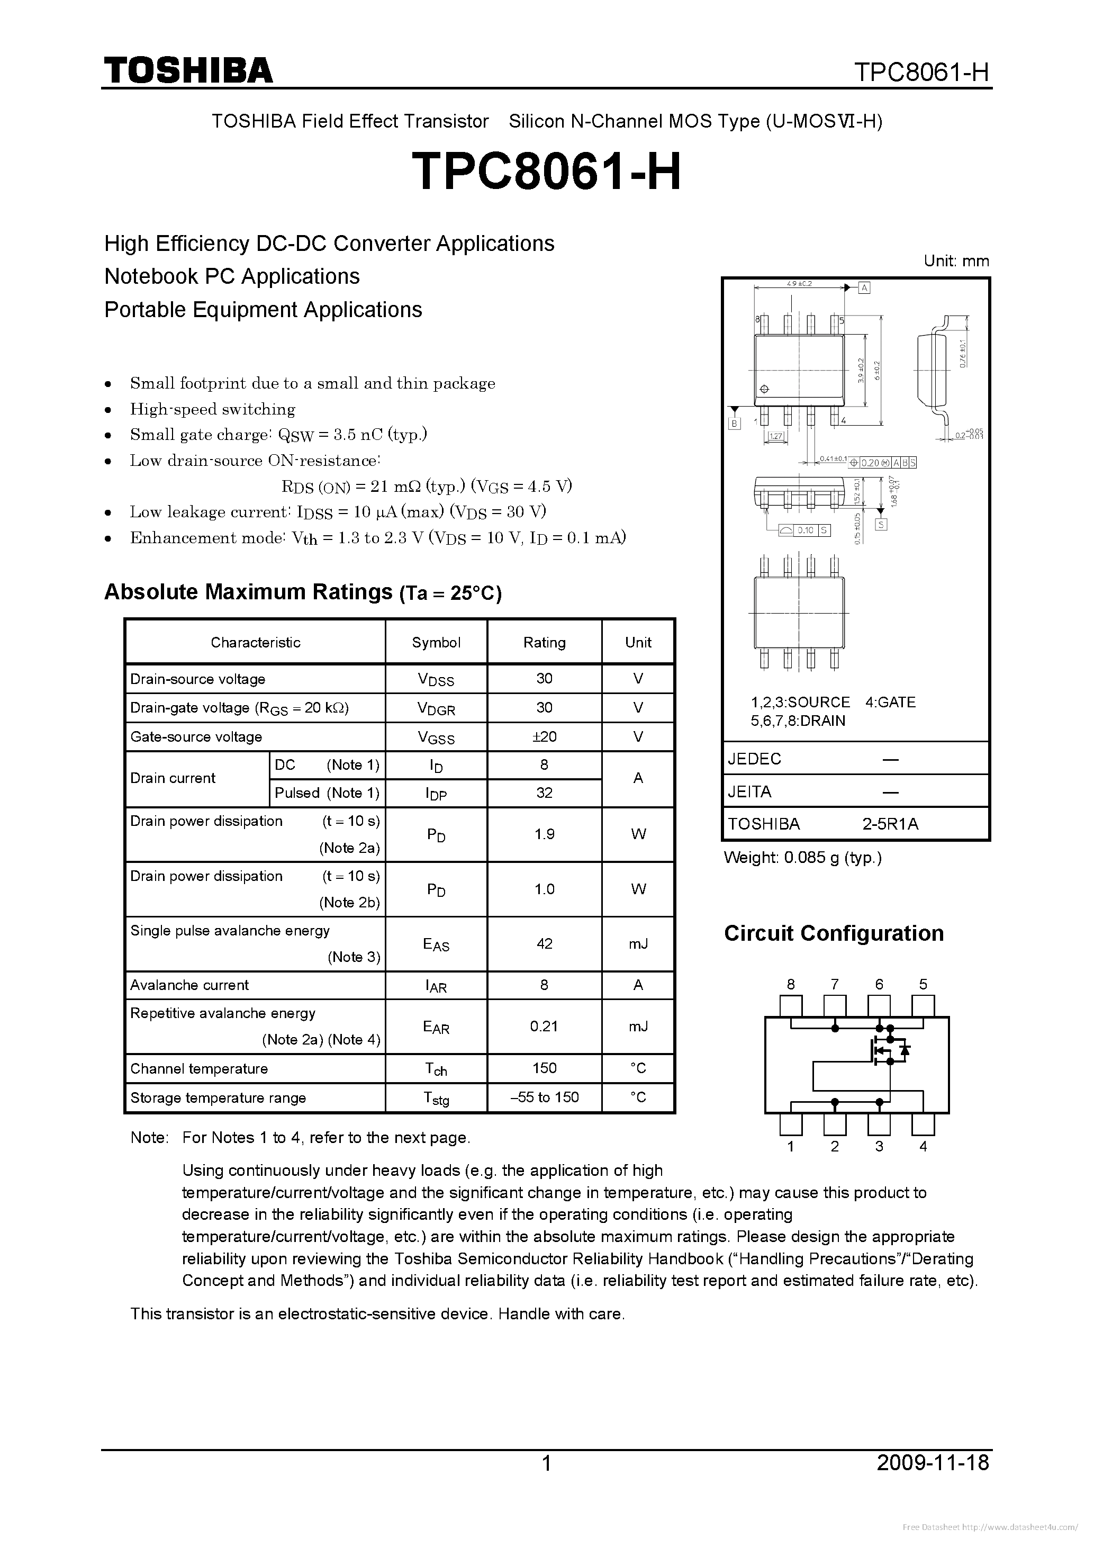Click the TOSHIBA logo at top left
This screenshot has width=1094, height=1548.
(188, 70)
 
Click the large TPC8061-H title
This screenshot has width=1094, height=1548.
(546, 171)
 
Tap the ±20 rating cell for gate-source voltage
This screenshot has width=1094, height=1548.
(544, 736)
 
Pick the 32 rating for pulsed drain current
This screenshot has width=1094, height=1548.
(544, 793)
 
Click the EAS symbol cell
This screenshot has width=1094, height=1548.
(436, 944)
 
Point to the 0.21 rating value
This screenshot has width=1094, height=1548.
(544, 1026)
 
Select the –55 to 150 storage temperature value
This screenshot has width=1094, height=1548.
(544, 1097)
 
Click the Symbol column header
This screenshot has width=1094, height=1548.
(436, 642)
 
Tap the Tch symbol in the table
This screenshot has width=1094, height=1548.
(436, 1069)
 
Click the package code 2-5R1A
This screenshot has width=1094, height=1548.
(890, 824)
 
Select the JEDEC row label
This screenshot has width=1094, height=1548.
(754, 759)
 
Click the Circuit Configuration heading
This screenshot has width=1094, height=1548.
(834, 933)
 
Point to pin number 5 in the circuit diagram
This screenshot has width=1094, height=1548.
(923, 984)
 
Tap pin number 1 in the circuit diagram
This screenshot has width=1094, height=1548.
(791, 1146)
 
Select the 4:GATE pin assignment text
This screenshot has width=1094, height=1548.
(890, 702)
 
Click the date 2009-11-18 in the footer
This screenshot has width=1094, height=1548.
(933, 1462)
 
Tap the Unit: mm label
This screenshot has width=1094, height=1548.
(956, 261)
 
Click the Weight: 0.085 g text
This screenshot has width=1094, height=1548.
(802, 858)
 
